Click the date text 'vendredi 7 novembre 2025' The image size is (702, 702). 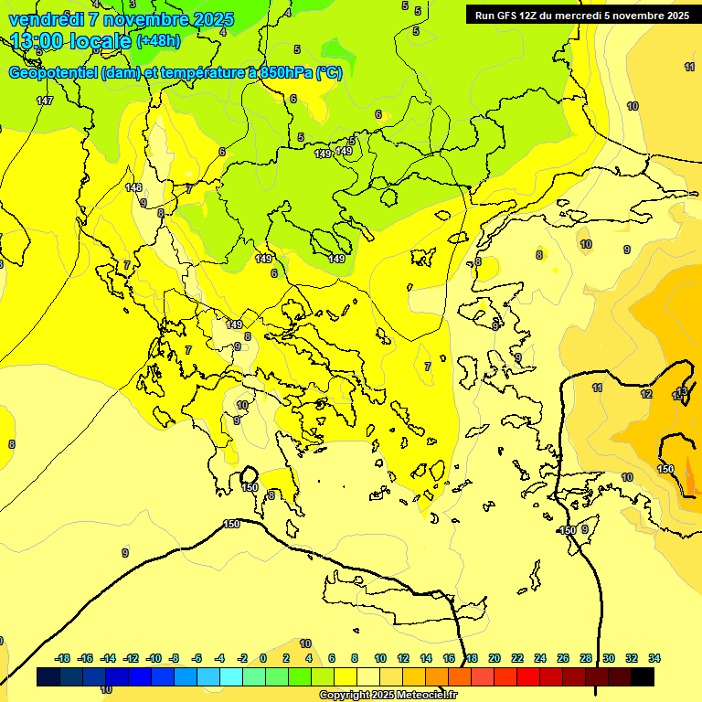coord(121,19)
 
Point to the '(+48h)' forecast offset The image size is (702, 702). coord(158,41)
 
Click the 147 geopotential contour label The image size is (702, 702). coord(45,101)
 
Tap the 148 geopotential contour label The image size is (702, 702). coord(133,187)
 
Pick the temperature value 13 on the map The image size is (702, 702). coord(681,392)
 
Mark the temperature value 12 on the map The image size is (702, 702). coord(646,394)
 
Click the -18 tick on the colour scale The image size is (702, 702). coord(62,658)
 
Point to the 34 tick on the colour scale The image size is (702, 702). coord(654,658)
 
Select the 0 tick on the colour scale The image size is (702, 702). coord(263,658)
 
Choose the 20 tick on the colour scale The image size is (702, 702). coord(495,658)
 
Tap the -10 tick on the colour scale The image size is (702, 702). coord(154,658)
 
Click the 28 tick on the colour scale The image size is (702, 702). coord(586,658)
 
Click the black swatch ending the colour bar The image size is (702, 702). coord(643,676)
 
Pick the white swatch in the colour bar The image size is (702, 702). coord(368,676)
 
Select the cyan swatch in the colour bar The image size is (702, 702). coord(231,676)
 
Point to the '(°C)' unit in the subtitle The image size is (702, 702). coord(329,74)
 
